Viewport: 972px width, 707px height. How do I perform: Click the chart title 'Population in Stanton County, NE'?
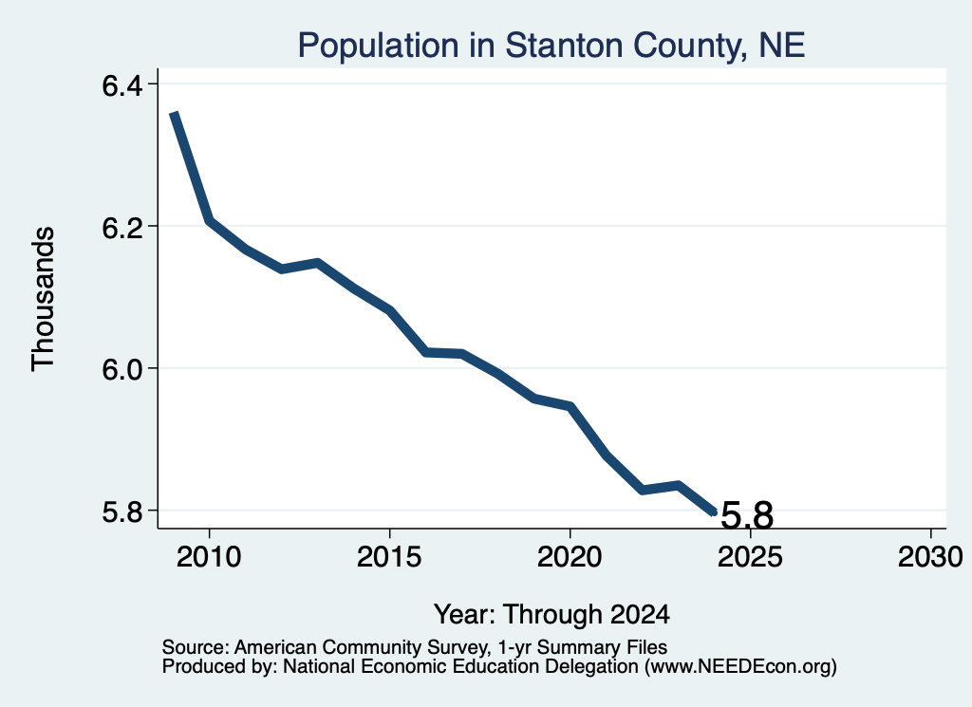point(551,46)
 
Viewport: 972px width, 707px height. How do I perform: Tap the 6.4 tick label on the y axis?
point(122,85)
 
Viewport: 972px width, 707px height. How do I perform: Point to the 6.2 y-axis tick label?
point(122,228)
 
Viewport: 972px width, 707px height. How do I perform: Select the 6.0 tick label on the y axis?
point(122,369)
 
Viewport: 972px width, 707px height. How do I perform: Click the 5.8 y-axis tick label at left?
point(122,512)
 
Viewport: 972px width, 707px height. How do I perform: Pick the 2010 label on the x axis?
point(209,556)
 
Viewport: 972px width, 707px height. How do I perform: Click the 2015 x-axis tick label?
point(389,556)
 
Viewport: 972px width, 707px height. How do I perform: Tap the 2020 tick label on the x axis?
point(570,556)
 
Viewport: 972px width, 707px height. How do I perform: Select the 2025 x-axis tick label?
point(750,556)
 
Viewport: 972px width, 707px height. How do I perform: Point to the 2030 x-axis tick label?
point(930,556)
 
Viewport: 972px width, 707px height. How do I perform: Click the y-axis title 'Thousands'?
point(44,299)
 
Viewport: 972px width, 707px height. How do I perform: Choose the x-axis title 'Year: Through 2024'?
point(551,614)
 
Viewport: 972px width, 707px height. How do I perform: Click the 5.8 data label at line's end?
point(748,515)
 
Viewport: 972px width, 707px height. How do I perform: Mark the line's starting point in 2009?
point(175,113)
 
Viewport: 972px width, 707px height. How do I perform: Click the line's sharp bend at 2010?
point(210,220)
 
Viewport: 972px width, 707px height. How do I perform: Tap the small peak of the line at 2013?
point(317,263)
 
